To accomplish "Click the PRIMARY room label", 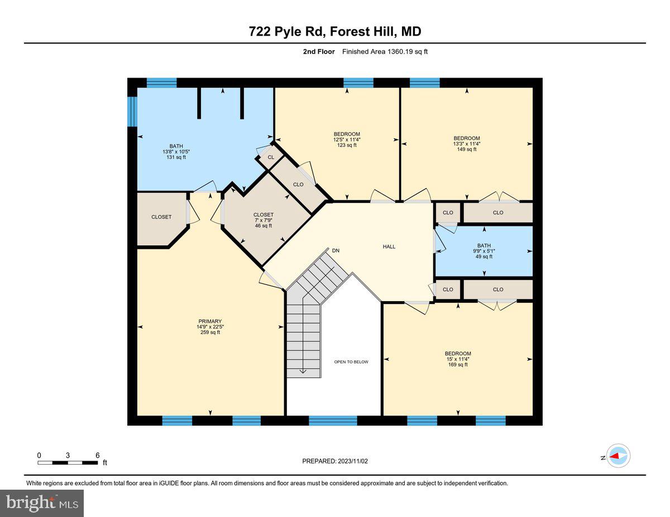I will [210, 321].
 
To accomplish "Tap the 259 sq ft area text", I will [210, 332].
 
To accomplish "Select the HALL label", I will [389, 247].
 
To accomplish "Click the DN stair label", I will [336, 250].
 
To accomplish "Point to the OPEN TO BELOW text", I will [351, 362].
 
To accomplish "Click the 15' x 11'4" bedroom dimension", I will [458, 359].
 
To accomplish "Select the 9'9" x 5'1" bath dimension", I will [484, 251].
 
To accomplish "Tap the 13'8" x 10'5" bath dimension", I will [176, 152].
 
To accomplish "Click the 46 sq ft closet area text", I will [263, 226].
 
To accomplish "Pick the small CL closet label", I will [271, 158].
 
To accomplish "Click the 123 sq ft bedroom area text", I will [347, 145].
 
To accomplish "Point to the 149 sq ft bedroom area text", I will [466, 149].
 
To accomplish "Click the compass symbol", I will [619, 456].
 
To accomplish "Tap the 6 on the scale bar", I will [98, 455].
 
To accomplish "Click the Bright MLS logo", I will [42, 503].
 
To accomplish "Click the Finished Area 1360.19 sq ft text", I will [385, 52].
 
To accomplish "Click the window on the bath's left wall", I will [132, 112].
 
